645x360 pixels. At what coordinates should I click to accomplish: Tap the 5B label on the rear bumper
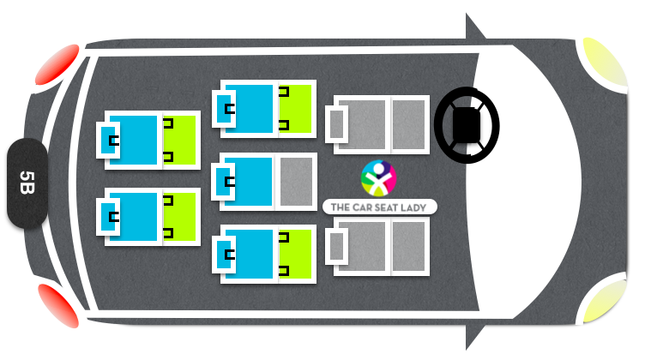tap(27, 183)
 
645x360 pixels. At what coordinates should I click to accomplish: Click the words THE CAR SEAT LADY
tap(378, 207)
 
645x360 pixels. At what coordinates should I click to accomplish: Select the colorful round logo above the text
tap(378, 178)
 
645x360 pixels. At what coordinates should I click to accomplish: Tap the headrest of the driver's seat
tap(336, 124)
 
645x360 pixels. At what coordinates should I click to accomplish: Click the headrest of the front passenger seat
tap(336, 246)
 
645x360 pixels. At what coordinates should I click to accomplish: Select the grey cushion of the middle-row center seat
tap(296, 182)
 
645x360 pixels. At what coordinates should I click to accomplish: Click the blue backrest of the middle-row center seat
tap(248, 182)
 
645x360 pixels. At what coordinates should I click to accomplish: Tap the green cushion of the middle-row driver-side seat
tap(295, 109)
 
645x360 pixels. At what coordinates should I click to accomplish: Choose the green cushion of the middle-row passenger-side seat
tap(295, 254)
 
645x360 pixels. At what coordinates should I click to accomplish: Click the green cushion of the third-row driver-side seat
tap(179, 140)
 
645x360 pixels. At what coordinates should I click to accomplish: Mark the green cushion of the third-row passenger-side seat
tap(179, 217)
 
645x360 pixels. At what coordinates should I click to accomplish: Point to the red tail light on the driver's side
tap(57, 64)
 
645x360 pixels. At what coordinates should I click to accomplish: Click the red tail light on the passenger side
tap(59, 306)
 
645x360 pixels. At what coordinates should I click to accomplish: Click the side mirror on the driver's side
tap(473, 28)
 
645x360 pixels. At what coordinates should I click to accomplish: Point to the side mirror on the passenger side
tap(473, 335)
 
